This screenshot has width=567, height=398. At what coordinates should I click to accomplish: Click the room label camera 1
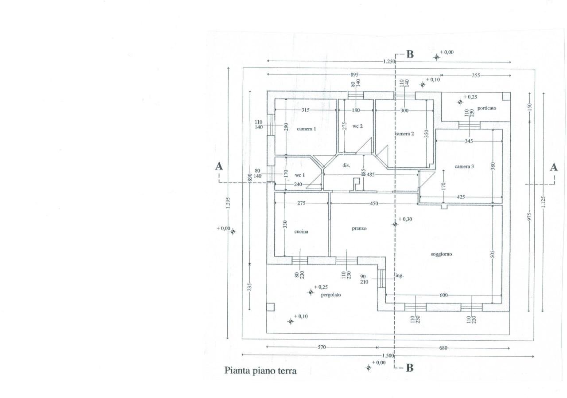[307, 129]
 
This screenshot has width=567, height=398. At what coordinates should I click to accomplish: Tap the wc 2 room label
[357, 126]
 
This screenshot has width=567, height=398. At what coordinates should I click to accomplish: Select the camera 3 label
[464, 166]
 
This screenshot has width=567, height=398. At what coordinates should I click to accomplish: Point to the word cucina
[301, 232]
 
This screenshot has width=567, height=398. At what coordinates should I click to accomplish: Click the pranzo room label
[359, 229]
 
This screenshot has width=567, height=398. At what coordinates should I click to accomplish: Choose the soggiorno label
[441, 254]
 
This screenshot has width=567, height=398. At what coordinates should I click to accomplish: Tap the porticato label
[487, 108]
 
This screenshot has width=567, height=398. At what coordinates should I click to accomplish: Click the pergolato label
[331, 295]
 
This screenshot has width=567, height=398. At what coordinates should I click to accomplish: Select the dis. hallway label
[346, 165]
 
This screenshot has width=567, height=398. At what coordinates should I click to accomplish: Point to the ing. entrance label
[399, 276]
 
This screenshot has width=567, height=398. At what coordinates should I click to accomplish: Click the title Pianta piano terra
[260, 370]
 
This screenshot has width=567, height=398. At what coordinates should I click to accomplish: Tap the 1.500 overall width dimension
[388, 356]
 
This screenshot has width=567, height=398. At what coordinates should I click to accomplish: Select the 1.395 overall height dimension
[228, 202]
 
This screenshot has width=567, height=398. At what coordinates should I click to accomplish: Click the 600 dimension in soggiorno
[444, 296]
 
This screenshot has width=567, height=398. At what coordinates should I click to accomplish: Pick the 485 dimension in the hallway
[370, 175]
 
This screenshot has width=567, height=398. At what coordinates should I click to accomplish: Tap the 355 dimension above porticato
[475, 75]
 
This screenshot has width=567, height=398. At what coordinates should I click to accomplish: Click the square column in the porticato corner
[506, 96]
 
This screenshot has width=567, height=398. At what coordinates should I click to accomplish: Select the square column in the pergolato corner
[270, 307]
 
